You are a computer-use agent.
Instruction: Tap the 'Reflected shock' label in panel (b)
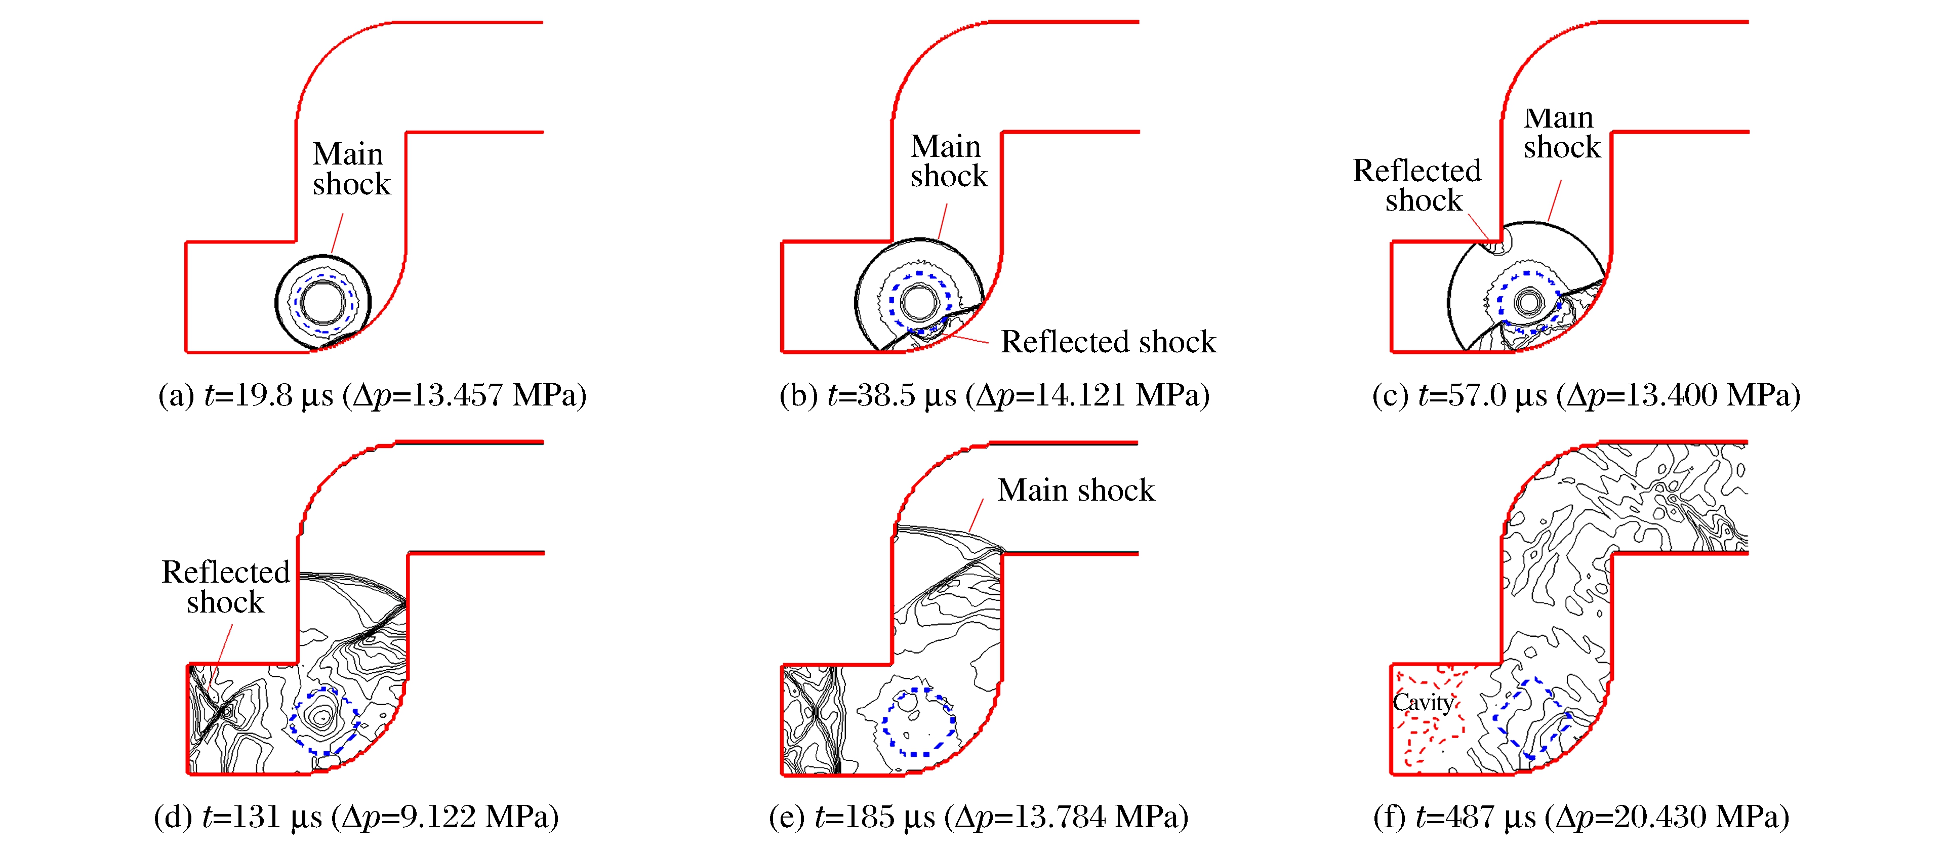[x=1108, y=342]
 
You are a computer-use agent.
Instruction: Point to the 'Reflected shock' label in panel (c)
[x=1416, y=185]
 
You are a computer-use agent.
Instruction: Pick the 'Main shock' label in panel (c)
[x=1562, y=132]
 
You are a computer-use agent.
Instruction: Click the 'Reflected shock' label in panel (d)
[x=225, y=587]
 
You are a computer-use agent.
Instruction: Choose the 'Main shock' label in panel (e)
[x=1076, y=490]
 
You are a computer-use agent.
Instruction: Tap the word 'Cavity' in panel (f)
[x=1423, y=702]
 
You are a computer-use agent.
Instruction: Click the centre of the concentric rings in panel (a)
[x=323, y=302]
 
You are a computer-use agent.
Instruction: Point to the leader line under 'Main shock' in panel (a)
[x=337, y=233]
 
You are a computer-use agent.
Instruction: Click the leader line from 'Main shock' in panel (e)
[x=976, y=515]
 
